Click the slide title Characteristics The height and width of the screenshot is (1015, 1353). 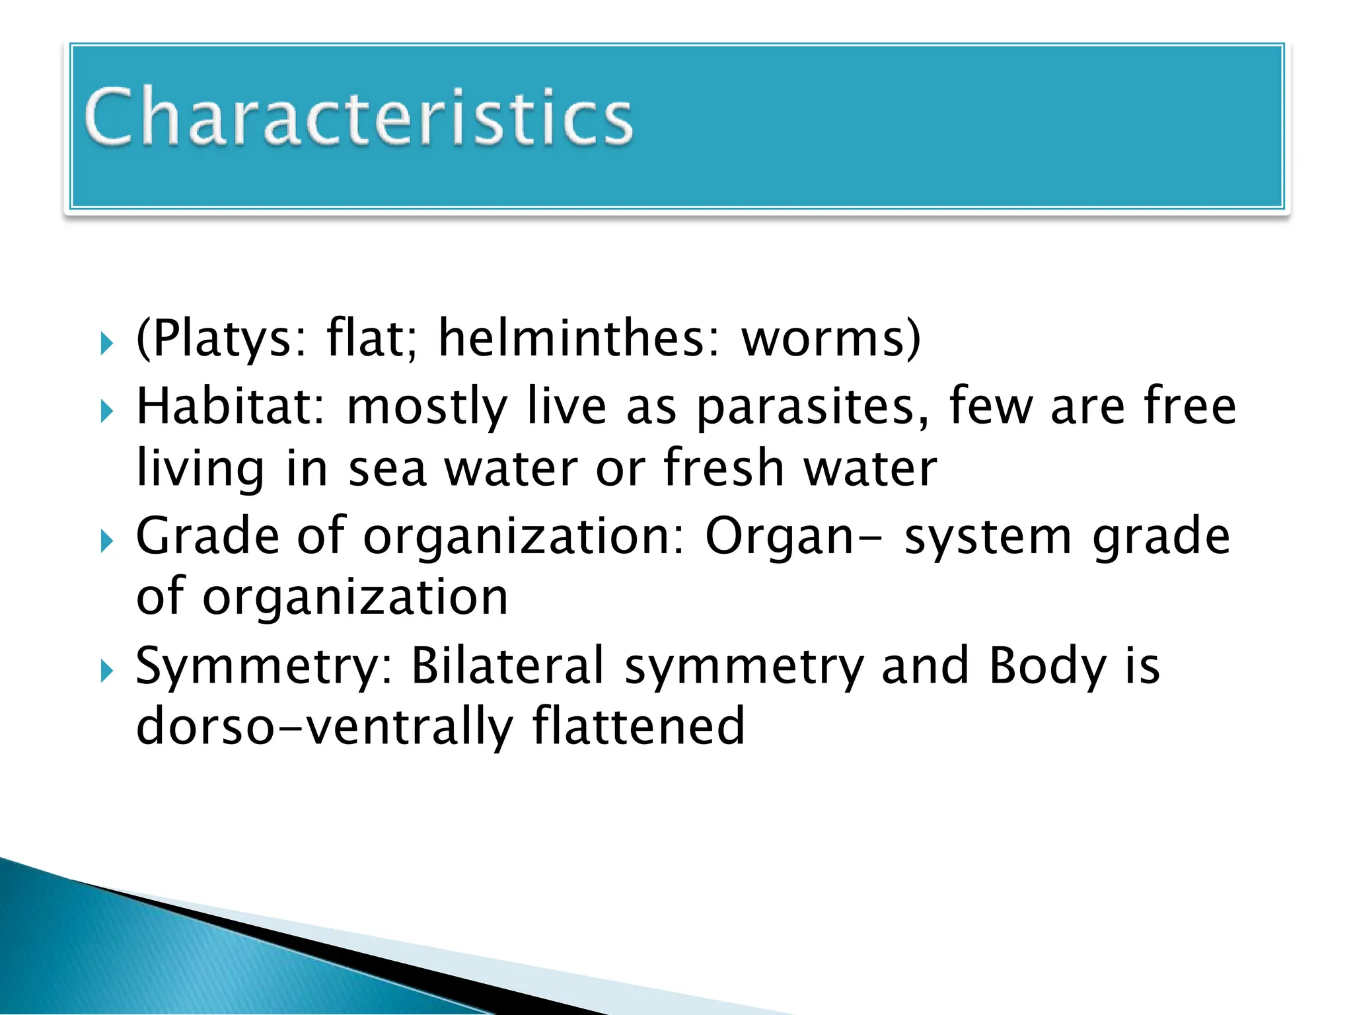[x=359, y=117]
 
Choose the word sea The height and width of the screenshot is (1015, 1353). [x=387, y=468]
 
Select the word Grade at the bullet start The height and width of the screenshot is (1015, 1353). [x=207, y=535]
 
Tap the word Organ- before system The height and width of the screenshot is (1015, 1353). [x=793, y=535]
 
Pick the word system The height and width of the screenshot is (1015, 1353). [x=988, y=535]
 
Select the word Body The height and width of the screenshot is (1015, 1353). [x=1047, y=665]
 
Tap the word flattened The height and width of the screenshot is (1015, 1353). [x=639, y=726]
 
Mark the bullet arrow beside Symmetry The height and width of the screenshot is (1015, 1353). [x=107, y=673]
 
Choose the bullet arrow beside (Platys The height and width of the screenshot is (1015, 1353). [x=107, y=344]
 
